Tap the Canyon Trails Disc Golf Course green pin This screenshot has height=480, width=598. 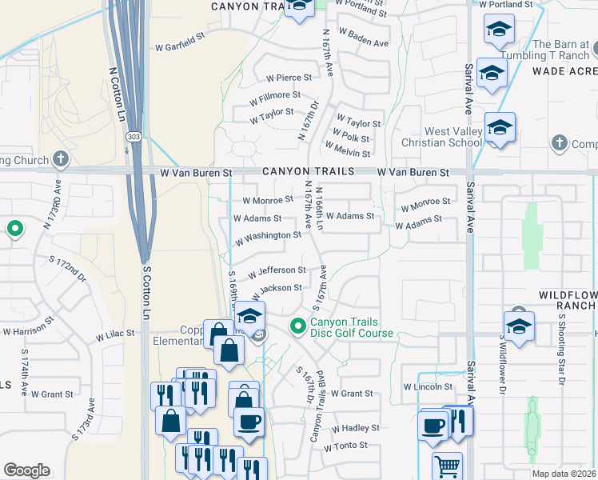(297, 326)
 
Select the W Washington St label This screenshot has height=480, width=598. (268, 236)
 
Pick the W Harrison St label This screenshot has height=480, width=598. (28, 329)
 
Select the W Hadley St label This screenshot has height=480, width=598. (353, 428)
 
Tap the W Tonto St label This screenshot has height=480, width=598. (345, 446)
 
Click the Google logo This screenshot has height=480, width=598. (26, 470)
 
